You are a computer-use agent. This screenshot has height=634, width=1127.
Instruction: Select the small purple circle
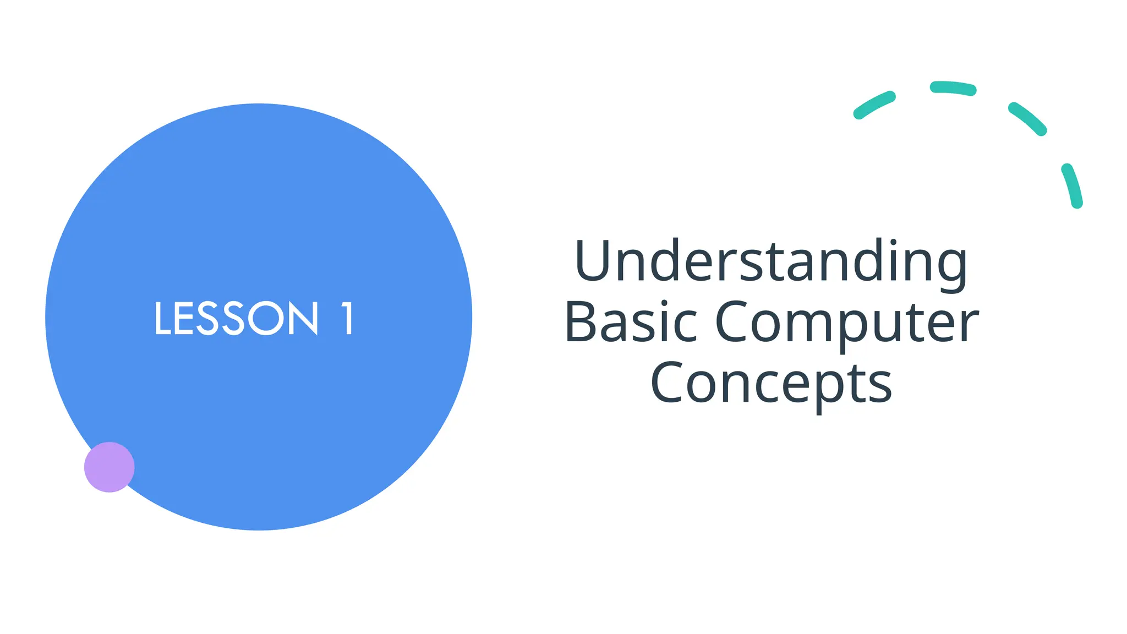109,467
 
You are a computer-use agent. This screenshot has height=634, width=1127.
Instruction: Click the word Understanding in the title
770,261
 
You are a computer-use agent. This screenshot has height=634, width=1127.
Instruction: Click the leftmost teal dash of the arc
874,105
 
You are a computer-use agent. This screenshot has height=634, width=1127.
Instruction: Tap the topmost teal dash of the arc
953,88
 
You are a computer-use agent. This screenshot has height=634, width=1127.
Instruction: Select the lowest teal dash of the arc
1072,185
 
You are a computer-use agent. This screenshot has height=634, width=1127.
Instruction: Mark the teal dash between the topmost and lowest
1027,118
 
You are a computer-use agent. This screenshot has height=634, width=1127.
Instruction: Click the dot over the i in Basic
664,303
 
